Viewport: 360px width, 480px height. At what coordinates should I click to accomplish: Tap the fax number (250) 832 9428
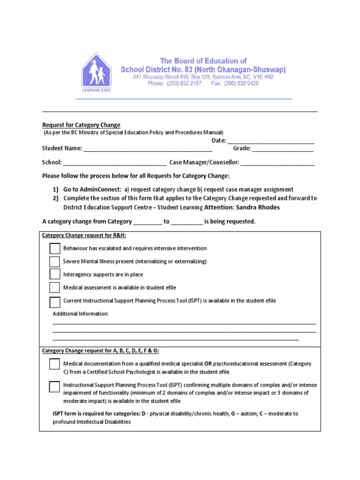(x=241, y=83)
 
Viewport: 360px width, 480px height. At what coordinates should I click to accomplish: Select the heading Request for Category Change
(x=81, y=125)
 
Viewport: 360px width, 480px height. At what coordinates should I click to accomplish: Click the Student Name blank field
(x=148, y=149)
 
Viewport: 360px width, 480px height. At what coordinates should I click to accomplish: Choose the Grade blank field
(x=283, y=149)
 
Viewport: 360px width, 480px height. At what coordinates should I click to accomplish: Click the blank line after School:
(x=114, y=163)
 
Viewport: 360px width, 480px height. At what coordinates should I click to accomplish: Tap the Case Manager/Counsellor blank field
(x=277, y=163)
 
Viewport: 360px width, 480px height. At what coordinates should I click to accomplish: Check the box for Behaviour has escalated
(x=55, y=248)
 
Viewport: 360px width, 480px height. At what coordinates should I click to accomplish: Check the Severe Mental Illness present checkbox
(x=55, y=262)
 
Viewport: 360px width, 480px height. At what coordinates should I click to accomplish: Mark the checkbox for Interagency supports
(x=55, y=275)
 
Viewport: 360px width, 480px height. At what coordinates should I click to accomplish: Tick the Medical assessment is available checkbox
(x=55, y=288)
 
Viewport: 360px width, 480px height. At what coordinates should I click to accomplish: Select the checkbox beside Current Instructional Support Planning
(x=55, y=301)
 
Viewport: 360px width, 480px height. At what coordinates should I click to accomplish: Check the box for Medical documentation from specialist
(x=55, y=364)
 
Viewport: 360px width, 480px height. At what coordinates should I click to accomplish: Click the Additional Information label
(x=81, y=314)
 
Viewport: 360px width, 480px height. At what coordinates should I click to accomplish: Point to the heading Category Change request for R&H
(x=84, y=235)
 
